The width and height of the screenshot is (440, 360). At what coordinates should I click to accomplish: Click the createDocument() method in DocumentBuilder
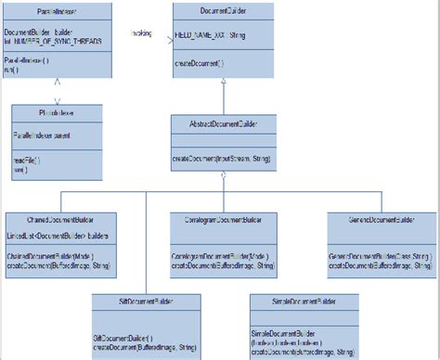click(199, 63)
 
